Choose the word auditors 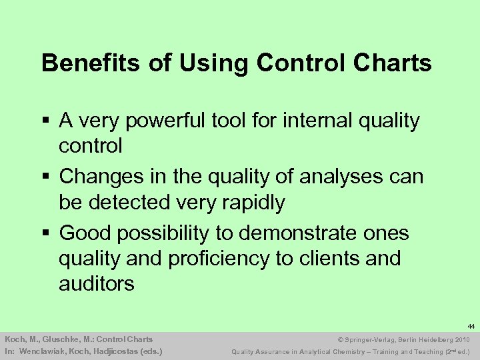(x=97, y=283)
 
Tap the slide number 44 (x=471, y=327)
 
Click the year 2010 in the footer (x=461, y=339)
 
